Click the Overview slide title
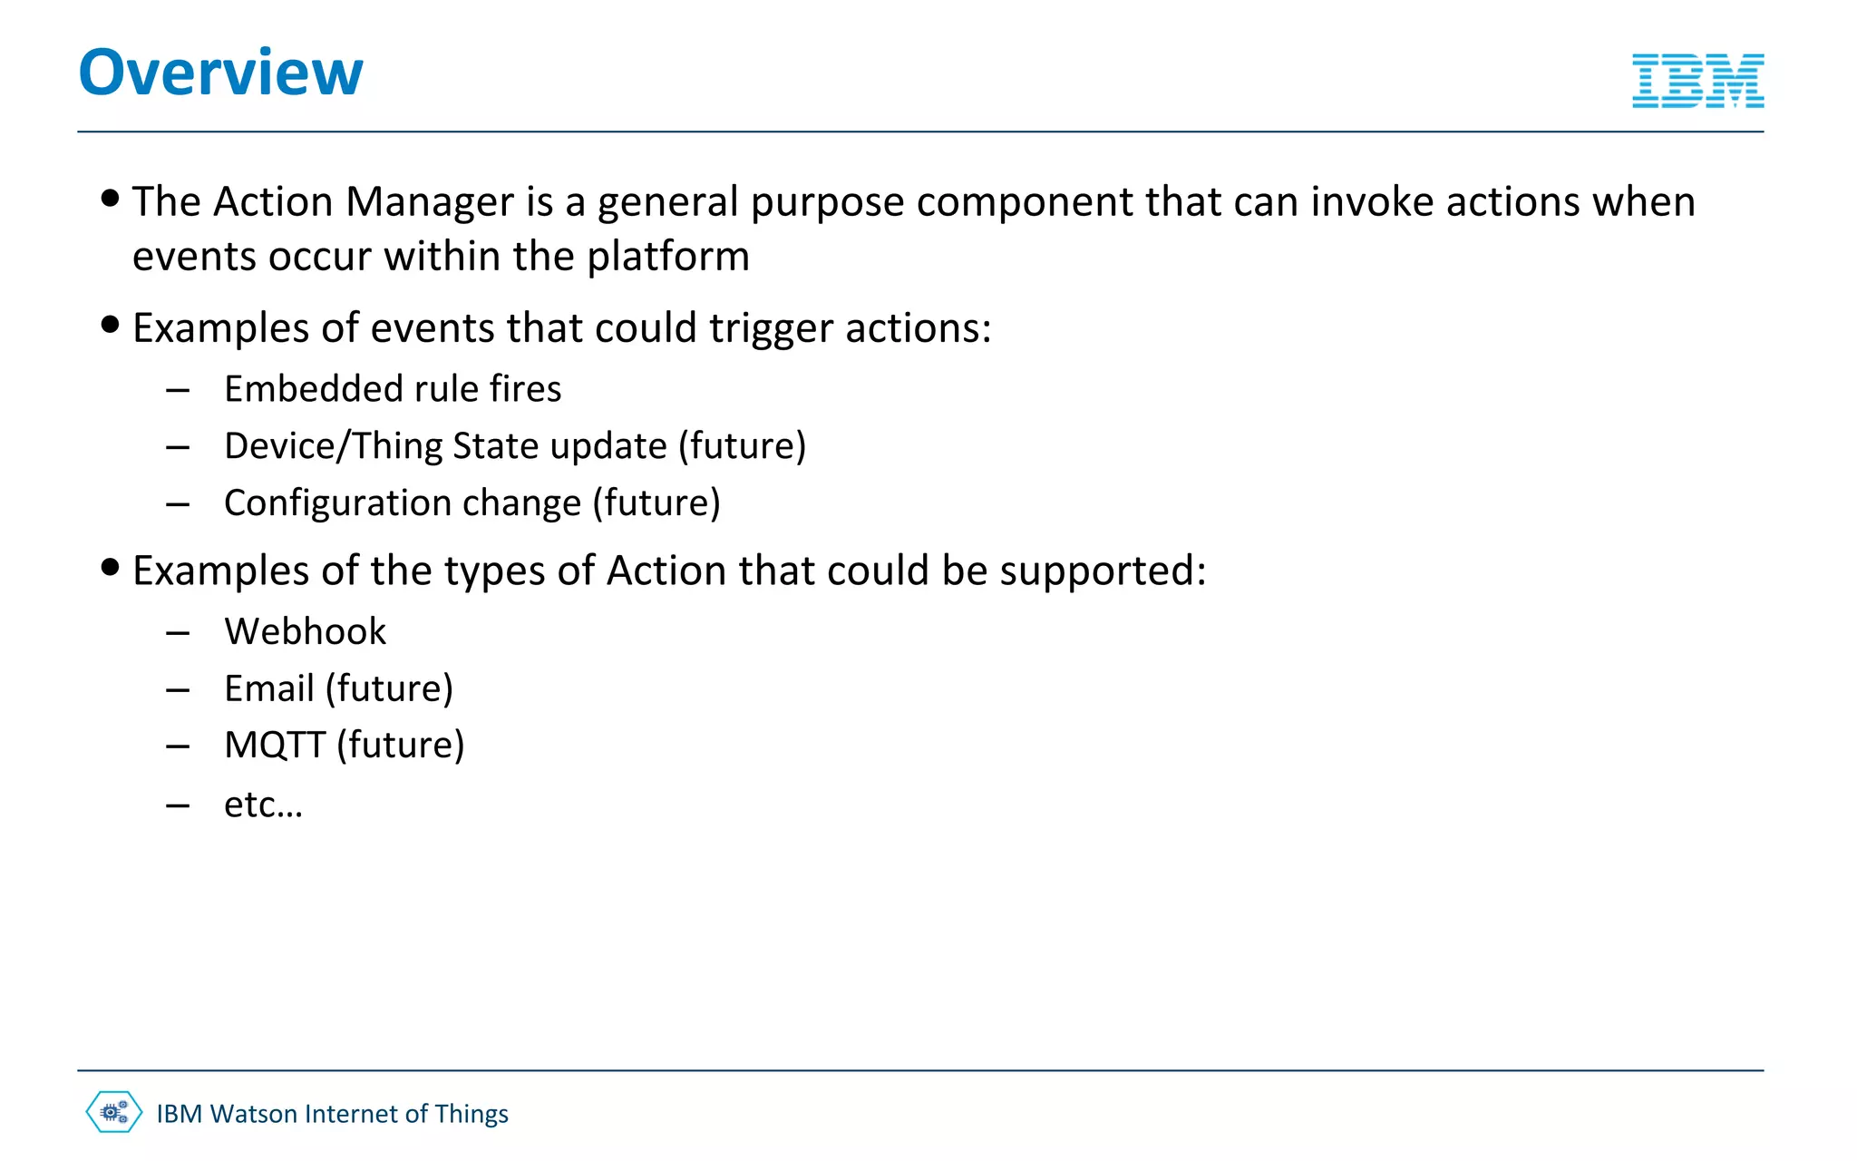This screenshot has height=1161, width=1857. [x=220, y=73]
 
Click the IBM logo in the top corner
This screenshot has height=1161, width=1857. [x=1697, y=81]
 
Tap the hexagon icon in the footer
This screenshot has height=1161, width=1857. [x=114, y=1112]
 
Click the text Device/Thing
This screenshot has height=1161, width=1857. [x=332, y=446]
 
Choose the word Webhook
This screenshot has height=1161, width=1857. [x=305, y=631]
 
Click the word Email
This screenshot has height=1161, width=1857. [x=269, y=688]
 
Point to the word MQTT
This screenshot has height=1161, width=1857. [x=275, y=746]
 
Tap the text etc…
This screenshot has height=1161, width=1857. [x=263, y=805]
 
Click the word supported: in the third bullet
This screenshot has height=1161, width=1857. [x=1103, y=572]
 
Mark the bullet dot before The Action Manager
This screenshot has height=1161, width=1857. [x=111, y=198]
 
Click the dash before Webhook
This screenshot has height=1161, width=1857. [x=178, y=632]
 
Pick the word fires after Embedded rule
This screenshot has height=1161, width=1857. [x=526, y=389]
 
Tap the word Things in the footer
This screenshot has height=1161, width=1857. [x=472, y=1114]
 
